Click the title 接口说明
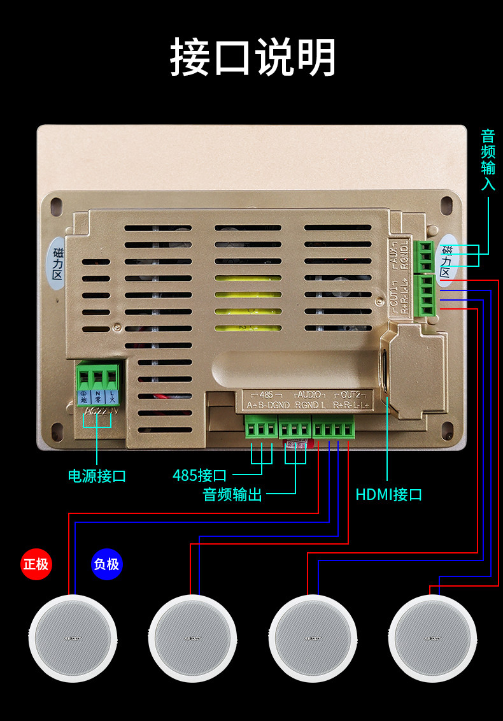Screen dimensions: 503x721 [252, 58]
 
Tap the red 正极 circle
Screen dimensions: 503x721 [36, 564]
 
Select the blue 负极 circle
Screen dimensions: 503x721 [106, 564]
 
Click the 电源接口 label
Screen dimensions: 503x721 [97, 476]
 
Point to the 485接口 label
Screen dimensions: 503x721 [199, 475]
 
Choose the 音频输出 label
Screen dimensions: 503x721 [232, 495]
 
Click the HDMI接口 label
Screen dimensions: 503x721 [388, 495]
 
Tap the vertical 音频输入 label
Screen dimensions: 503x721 [488, 160]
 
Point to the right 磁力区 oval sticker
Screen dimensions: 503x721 [446, 261]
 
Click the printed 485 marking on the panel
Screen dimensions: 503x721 [266, 395]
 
